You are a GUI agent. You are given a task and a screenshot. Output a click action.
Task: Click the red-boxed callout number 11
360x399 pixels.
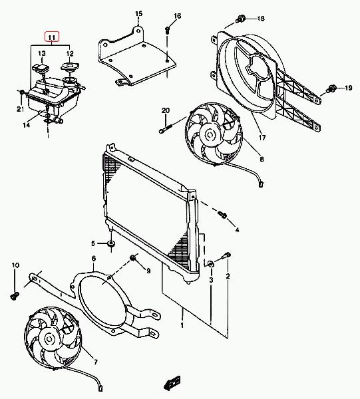point(52,37)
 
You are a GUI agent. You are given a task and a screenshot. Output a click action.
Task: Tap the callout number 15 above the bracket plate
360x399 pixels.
point(139,13)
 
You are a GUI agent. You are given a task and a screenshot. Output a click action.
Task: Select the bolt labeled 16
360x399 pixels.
point(168,30)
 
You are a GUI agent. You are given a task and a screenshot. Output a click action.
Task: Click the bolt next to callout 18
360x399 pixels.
point(240,19)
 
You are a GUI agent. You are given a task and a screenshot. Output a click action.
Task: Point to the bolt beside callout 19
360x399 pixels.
point(332,89)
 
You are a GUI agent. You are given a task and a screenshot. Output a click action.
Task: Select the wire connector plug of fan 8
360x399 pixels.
point(261,184)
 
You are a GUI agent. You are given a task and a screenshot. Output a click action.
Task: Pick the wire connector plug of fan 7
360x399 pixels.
point(100,388)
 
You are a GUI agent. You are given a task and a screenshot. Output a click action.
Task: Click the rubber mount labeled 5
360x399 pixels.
point(111,243)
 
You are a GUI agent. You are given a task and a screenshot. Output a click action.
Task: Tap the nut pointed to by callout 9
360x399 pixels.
point(132,258)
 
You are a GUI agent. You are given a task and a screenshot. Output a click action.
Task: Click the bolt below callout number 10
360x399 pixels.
point(15,296)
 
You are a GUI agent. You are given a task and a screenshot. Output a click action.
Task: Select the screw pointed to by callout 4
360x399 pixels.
point(222,215)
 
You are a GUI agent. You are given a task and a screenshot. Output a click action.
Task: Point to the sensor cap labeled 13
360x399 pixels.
point(41,68)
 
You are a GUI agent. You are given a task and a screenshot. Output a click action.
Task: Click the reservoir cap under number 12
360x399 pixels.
point(70,66)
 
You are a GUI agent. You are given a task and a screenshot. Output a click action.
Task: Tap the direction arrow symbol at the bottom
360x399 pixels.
point(172,383)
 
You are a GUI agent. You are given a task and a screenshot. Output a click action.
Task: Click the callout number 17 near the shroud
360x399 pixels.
point(262,138)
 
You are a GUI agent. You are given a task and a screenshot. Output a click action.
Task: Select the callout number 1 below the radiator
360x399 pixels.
point(182,325)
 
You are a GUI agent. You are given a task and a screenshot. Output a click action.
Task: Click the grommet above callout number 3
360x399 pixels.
point(211,264)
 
